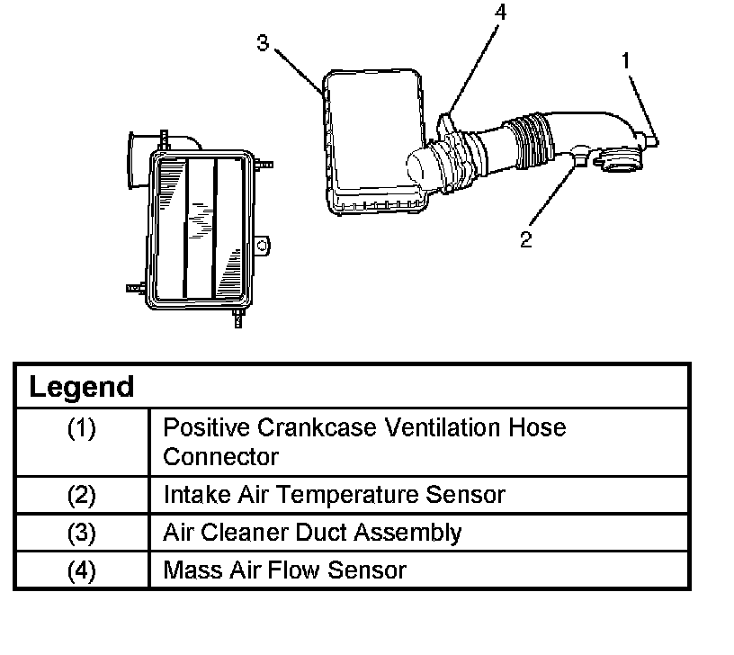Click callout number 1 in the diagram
(x=626, y=61)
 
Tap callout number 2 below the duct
(x=525, y=239)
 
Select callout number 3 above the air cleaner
(x=263, y=43)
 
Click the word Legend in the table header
(x=81, y=388)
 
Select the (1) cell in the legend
(x=81, y=428)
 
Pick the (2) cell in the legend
(x=81, y=494)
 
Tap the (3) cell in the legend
(x=81, y=532)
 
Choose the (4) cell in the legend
(x=81, y=570)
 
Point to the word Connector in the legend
(x=220, y=456)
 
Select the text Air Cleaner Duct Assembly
(x=311, y=532)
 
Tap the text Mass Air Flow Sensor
(x=284, y=570)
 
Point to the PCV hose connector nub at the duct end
(x=654, y=140)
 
